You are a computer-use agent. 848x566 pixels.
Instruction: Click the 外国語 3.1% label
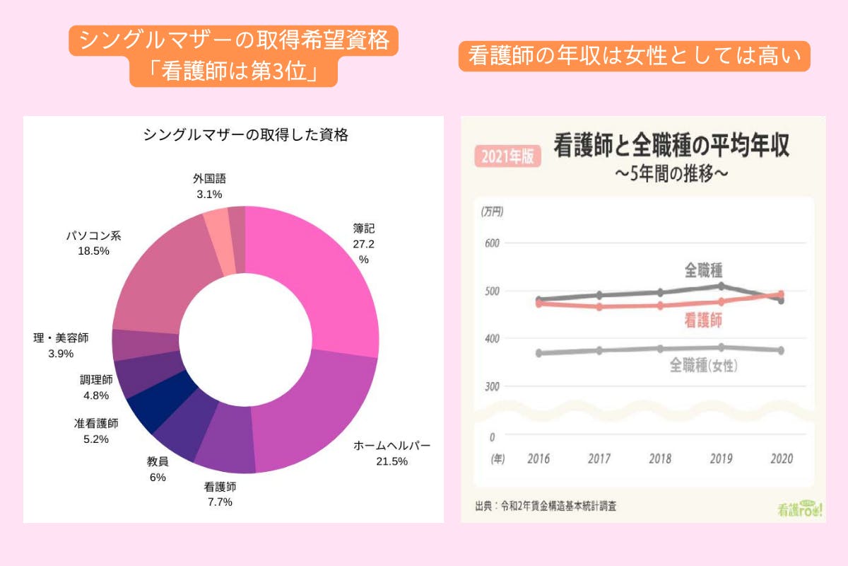coord(209,186)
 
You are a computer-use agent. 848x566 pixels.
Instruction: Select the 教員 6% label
coord(158,469)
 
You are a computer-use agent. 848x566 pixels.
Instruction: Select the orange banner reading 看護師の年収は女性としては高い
coord(634,57)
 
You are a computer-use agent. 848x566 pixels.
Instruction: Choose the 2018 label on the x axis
coord(660,458)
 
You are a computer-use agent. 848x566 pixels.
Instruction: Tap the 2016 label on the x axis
coord(539,458)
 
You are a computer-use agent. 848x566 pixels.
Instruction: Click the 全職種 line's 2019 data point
coord(720,286)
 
